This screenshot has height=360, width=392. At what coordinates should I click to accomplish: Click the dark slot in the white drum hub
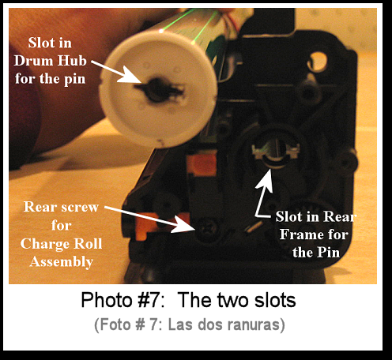pos(159,90)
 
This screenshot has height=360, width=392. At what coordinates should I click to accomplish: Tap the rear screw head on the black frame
pos(209,227)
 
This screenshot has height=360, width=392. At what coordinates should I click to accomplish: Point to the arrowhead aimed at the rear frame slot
pos(266,179)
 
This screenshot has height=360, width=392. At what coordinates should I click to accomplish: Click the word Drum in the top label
pos(33,61)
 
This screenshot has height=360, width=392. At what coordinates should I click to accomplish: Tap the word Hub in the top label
pos(72,61)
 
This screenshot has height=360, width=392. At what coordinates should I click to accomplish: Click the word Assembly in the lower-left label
pos(62,262)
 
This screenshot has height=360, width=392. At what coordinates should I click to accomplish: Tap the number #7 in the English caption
pos(149,300)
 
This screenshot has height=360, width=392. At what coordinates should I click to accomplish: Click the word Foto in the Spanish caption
pos(115,324)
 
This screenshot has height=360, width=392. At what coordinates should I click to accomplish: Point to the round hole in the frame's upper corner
pos(318,61)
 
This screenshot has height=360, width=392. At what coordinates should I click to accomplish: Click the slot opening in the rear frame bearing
pos(276,151)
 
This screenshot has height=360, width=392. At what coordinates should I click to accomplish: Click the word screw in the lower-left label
pos(80,208)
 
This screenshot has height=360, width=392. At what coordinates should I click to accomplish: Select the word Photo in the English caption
pos(107,300)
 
